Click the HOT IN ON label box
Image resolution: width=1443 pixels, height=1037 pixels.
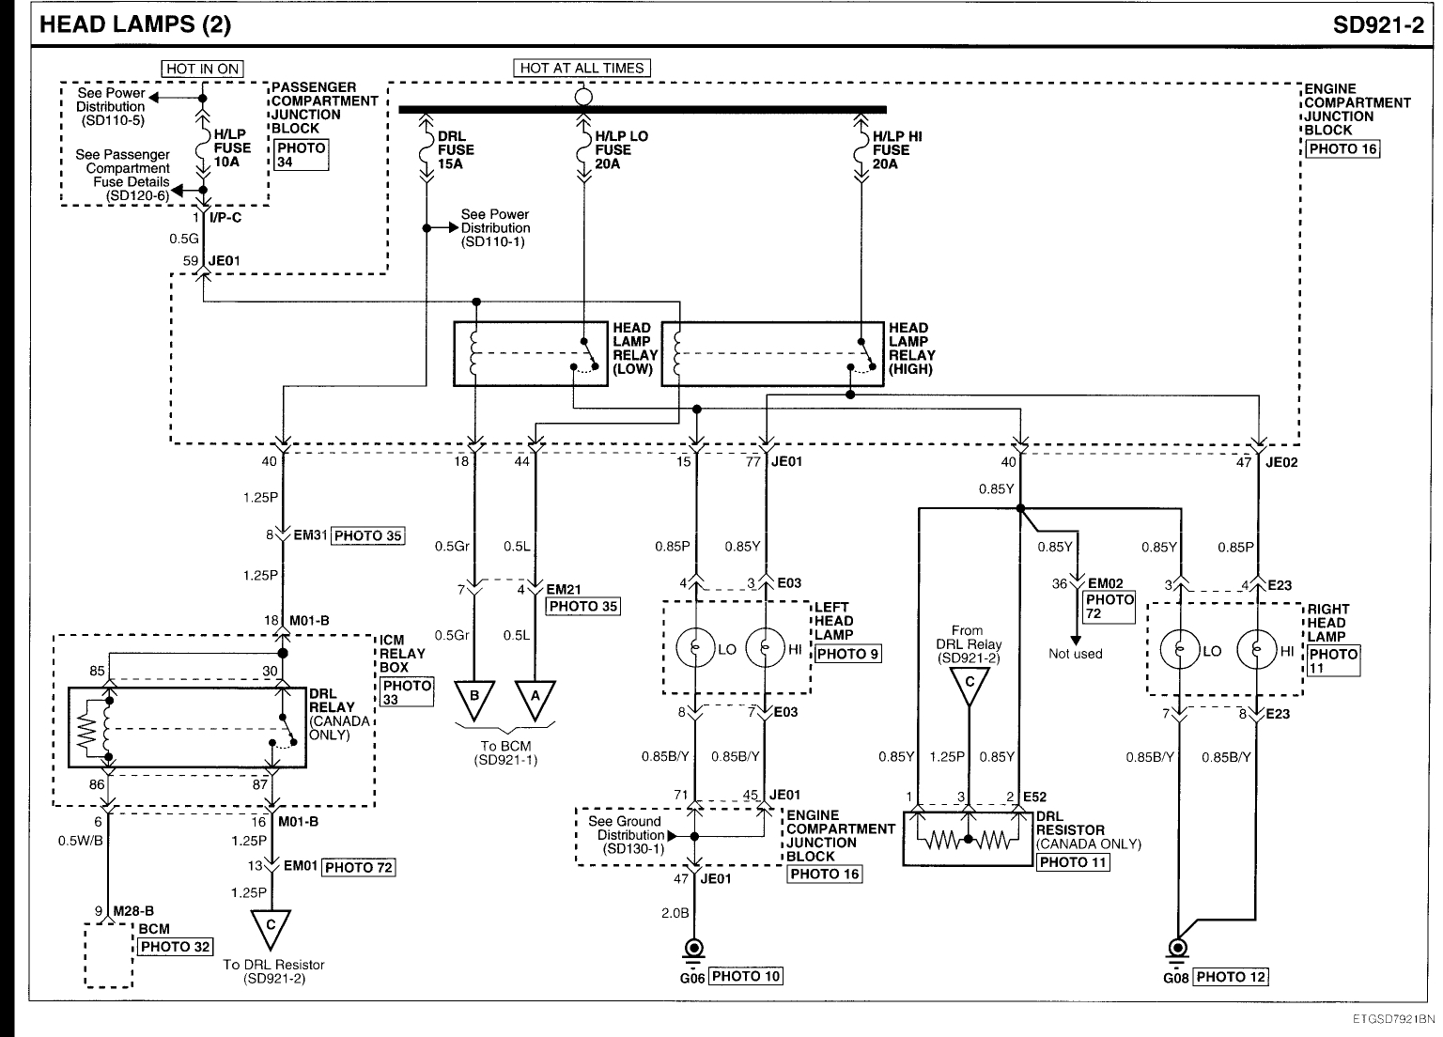[202, 69]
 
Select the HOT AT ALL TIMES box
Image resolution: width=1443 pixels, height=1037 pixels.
[582, 68]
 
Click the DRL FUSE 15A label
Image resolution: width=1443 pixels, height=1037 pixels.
[456, 150]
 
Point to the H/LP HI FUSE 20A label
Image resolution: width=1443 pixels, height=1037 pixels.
[896, 150]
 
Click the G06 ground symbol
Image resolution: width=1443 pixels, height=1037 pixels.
[695, 949]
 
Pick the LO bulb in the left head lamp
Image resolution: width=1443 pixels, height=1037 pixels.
[696, 649]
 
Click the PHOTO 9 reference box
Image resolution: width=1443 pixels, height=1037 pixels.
[848, 653]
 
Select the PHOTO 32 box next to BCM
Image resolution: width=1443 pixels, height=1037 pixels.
[176, 947]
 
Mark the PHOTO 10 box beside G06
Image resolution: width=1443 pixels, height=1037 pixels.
[746, 976]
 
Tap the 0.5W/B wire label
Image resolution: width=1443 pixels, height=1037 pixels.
[81, 840]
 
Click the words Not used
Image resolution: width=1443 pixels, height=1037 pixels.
[1075, 654]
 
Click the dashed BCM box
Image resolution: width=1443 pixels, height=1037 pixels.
[108, 955]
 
